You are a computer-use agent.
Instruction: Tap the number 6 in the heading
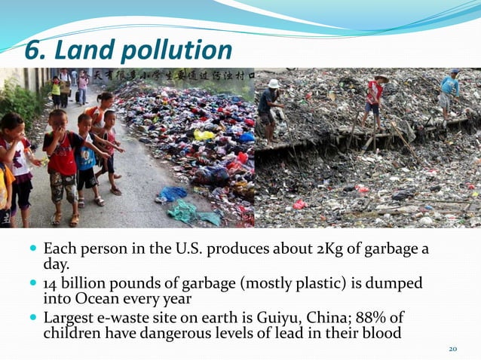click(x=32, y=50)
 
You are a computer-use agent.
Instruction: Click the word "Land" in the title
click(x=84, y=50)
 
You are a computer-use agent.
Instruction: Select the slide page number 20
click(x=453, y=349)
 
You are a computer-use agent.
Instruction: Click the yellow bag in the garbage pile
click(x=204, y=136)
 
